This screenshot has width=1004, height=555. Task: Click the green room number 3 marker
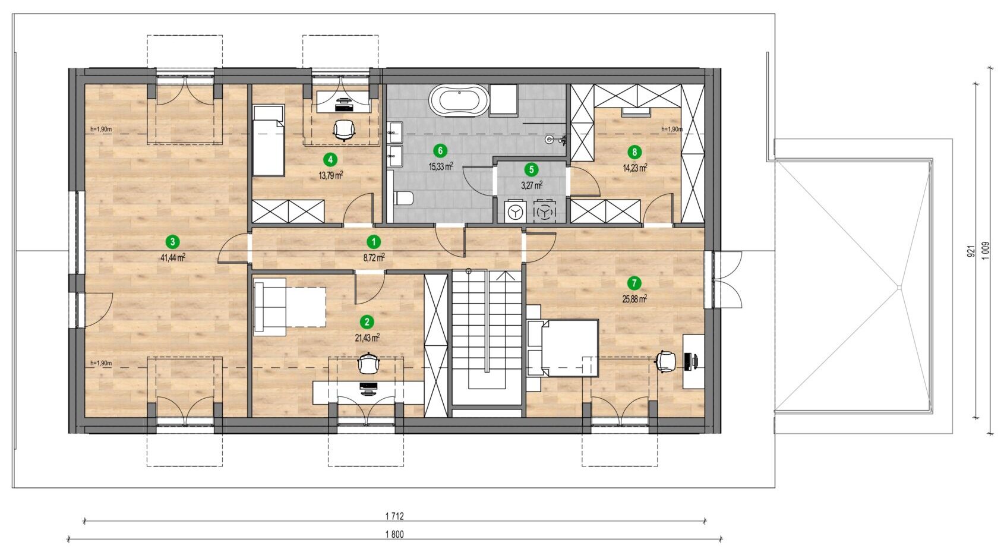tap(172, 242)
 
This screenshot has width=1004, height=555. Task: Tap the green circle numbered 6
tap(440, 150)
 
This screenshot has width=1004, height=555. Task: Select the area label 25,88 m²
tap(634, 299)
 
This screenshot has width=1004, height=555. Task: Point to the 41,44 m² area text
tap(172, 257)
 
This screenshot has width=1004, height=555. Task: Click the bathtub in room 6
tap(459, 101)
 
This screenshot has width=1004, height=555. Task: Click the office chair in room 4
tap(344, 131)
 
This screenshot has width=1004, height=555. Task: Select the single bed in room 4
tap(269, 140)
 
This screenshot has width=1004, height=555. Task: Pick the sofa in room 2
tap(270, 307)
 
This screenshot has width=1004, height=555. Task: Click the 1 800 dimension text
tap(394, 534)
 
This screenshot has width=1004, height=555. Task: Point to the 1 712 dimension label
tap(394, 516)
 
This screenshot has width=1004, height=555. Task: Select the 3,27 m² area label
tap(532, 185)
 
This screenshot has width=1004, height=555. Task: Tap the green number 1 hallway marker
tap(374, 242)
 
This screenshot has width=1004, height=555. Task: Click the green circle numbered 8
tap(634, 152)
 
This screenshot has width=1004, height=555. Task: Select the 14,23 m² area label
tap(634, 168)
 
